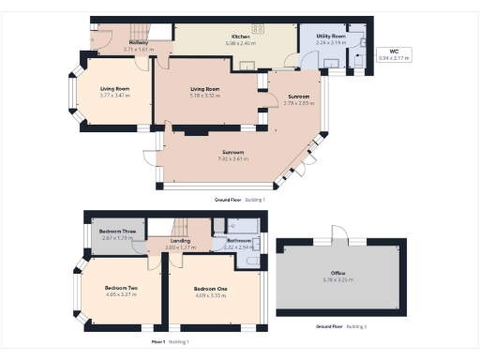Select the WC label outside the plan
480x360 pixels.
(x=393, y=52)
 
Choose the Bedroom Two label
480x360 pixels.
(x=121, y=288)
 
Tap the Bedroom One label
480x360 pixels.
(x=212, y=288)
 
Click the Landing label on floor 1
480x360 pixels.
(x=181, y=241)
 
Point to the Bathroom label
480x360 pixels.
(x=239, y=241)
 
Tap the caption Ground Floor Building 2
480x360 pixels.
(x=341, y=326)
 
